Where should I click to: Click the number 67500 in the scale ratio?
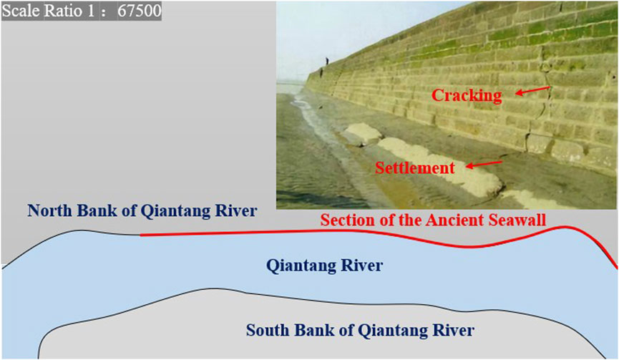pos(140,11)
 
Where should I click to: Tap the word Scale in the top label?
pos(21,11)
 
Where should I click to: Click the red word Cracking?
pos(467,96)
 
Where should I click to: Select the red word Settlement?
pos(415,168)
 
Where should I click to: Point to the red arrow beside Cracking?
pos(532,90)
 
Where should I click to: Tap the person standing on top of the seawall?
pos(326,61)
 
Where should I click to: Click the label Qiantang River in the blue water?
pos(324,266)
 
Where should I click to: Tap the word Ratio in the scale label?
pos(64,11)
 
